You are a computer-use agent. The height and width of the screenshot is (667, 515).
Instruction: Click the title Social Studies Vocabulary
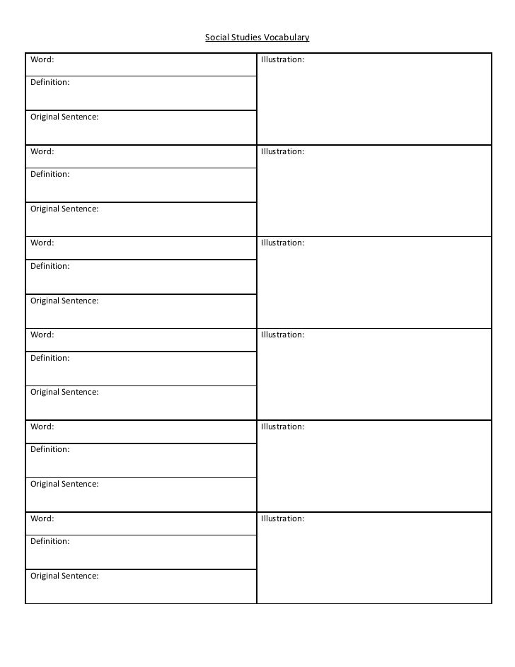257,37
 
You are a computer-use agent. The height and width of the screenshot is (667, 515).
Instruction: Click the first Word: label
42,60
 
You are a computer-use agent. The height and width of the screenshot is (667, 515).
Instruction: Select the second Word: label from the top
42,151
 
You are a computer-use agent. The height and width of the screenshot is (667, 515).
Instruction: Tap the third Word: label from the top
42,243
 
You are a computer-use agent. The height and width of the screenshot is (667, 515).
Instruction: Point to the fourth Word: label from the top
42,335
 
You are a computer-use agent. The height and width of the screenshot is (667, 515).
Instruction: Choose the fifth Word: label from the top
42,427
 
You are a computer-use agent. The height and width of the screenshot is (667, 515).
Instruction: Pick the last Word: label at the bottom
42,519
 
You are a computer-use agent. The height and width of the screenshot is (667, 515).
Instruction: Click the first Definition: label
50,83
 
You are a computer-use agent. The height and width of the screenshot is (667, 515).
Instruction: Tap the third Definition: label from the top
50,267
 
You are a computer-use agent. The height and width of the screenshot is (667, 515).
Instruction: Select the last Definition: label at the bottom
50,542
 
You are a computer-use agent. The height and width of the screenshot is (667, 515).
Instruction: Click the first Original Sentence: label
64,117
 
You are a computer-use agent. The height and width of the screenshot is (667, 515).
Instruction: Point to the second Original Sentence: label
64,209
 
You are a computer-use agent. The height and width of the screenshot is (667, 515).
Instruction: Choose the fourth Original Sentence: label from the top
64,393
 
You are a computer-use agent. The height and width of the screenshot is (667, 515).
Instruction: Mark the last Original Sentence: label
64,576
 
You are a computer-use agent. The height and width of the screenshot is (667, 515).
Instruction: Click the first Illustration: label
282,60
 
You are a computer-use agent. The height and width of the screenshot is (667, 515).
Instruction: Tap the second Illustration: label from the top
282,152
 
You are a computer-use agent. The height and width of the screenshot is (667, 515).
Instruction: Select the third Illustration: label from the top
282,243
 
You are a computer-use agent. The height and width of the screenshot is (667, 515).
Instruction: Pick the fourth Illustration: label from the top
282,335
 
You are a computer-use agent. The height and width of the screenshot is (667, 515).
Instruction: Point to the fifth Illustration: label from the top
282,427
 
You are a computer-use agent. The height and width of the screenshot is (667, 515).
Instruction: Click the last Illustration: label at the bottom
282,519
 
